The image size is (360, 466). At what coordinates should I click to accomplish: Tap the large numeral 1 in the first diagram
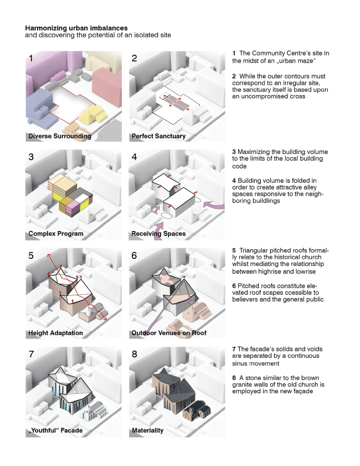tap(31, 58)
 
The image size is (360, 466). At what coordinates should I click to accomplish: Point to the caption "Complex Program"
tap(55, 233)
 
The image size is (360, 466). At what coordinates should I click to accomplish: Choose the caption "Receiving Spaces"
tap(158, 233)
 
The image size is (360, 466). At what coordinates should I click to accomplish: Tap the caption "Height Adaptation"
tap(55, 333)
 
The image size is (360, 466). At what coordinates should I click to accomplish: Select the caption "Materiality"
tap(147, 430)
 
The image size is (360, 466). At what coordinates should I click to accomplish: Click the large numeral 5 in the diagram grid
tap(31, 256)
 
